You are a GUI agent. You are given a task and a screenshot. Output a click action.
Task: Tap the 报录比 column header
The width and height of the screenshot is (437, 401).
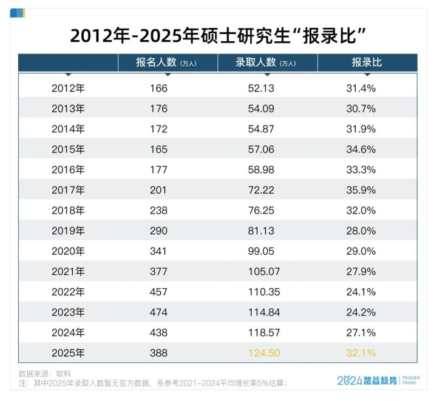(367, 62)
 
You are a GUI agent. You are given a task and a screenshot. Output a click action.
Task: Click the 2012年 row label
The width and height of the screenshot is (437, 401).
(68, 88)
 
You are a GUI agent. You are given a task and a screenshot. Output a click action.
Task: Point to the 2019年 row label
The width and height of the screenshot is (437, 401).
(68, 231)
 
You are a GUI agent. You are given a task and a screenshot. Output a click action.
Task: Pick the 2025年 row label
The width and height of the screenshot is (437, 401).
(68, 352)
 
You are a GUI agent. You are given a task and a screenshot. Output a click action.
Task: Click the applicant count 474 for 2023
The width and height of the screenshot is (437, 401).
(158, 312)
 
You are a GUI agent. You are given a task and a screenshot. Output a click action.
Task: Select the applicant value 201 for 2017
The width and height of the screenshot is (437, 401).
(158, 190)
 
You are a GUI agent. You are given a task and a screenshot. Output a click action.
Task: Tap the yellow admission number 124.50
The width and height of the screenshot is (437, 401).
(264, 352)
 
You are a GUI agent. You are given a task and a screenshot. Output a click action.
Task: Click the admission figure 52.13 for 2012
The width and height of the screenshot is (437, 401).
(262, 88)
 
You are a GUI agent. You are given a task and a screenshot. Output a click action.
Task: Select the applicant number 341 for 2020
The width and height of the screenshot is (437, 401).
(158, 251)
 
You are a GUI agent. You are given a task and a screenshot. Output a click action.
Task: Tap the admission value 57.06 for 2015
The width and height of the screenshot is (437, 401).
(262, 149)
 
